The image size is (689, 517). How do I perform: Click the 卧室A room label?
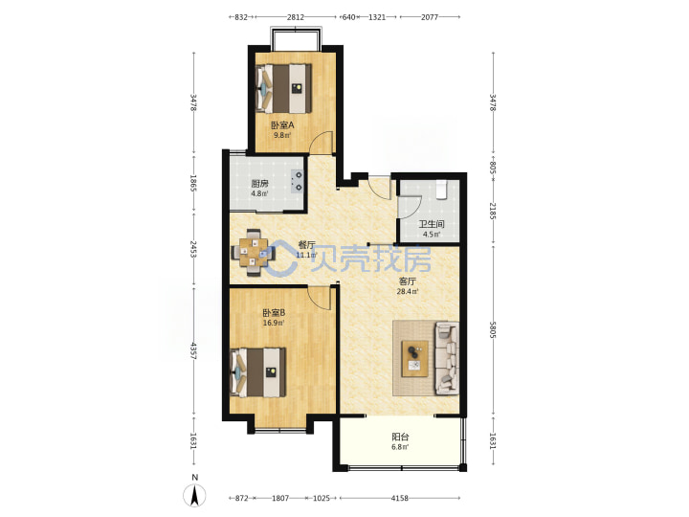coord(282,125)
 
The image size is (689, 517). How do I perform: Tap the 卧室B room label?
coord(274,313)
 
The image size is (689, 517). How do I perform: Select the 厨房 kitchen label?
coord(259,184)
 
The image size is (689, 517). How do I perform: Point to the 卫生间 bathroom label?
coord(431,224)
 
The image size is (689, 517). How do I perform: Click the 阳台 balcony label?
coord(400,437)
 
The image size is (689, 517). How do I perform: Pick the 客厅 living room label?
coord(408,281)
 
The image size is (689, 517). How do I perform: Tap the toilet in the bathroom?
coord(441,190)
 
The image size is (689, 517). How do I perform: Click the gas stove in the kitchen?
coord(297,182)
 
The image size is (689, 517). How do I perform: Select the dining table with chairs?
coord(254,253)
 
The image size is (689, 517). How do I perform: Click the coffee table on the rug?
coord(415,358)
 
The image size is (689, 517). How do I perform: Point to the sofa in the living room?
coord(447,358)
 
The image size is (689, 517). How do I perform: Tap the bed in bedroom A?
coord(284,88)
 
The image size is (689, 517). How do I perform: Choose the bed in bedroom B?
coord(258,372)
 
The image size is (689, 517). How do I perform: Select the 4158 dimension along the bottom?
coord(399,498)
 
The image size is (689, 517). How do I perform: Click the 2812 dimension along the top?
coord(296,17)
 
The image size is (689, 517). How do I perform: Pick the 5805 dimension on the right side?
coord(493,329)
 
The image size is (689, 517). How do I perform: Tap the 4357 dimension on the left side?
coord(193,350)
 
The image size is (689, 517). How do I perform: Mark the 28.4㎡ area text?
coord(408,291)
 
